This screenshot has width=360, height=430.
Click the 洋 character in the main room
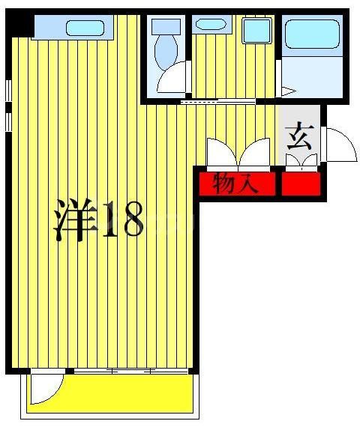point(76,219)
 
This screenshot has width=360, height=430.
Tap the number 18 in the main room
point(121,219)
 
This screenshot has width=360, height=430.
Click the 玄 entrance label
point(299,137)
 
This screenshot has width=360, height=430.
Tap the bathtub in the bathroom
point(312,34)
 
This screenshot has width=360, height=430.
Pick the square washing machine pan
point(257,31)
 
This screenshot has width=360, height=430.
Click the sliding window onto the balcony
point(131,371)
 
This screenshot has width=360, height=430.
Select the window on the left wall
point(8,105)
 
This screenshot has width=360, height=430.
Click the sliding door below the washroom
point(217,100)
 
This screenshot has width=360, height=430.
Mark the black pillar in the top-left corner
point(20,25)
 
